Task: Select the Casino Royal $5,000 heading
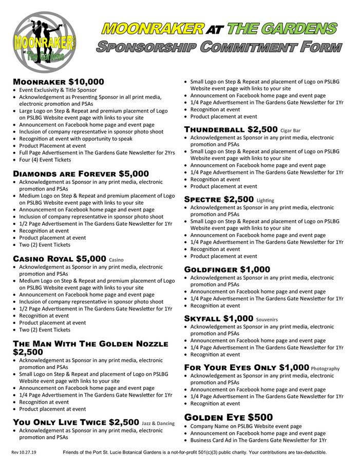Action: click(x=59, y=259)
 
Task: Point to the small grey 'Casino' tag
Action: click(x=117, y=260)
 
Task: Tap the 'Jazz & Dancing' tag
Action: click(x=158, y=423)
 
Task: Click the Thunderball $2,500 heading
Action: click(x=231, y=129)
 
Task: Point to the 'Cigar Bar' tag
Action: click(x=290, y=130)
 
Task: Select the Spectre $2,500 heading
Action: click(x=219, y=199)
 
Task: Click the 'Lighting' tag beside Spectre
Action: click(x=266, y=200)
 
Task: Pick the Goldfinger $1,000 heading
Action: click(x=226, y=269)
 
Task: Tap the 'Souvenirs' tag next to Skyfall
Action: click(x=267, y=319)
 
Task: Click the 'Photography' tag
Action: click(x=325, y=368)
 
